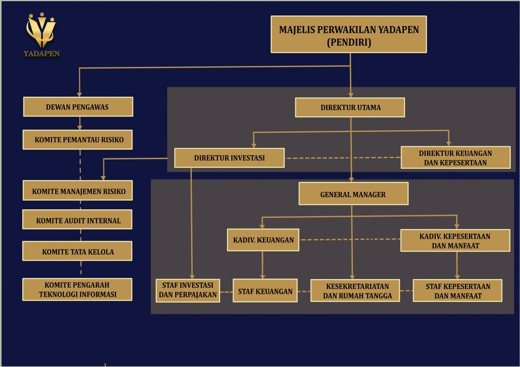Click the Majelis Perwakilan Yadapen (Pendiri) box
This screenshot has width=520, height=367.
tap(349, 35)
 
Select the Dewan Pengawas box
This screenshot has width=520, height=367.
tap(78, 107)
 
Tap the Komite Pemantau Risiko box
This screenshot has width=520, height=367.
tap(78, 140)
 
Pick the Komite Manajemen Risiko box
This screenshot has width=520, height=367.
tap(78, 191)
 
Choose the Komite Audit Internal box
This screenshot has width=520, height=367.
tap(78, 220)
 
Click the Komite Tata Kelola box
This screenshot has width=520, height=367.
tap(78, 251)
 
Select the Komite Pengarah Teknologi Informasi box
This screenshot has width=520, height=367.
tap(78, 290)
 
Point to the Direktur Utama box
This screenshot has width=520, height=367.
tap(350, 107)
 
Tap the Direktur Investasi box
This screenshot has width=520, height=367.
tap(229, 158)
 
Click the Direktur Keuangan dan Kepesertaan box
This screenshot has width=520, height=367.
tap(455, 158)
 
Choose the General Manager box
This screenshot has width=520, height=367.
tap(353, 194)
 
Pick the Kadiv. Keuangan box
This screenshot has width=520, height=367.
tap(263, 240)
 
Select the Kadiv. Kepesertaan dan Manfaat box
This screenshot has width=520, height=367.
tap(455, 240)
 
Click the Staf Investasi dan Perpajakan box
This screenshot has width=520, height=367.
tap(188, 290)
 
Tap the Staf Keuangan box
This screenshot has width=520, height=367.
tap(265, 291)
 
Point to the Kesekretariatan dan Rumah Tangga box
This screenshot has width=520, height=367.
tap(355, 291)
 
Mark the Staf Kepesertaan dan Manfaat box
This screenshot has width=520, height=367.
tap(457, 291)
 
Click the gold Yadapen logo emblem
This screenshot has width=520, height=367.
tap(41, 30)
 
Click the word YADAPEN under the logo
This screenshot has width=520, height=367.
tap(41, 54)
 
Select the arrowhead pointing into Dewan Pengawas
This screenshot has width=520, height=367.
tap(79, 94)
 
